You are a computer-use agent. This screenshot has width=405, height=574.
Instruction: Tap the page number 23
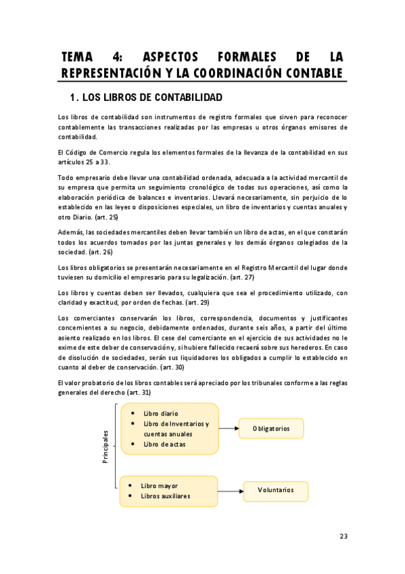tap(343, 536)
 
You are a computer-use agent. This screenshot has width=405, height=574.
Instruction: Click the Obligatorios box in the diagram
tap(271, 428)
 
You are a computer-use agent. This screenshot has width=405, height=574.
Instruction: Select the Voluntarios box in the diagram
tap(276, 490)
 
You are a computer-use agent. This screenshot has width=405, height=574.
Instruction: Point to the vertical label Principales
tap(105, 448)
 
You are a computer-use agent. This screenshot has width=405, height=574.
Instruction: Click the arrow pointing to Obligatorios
tap(229, 428)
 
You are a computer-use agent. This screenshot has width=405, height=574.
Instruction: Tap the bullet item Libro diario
tap(161, 413)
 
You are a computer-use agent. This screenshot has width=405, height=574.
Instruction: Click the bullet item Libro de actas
tap(164, 444)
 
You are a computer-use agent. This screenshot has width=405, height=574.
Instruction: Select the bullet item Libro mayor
tap(159, 485)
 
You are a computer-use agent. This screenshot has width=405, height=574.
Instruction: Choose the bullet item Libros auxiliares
tap(165, 495)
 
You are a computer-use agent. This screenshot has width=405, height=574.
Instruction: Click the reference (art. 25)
tap(105, 217)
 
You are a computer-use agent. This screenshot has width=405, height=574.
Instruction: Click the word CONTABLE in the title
tap(313, 72)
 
